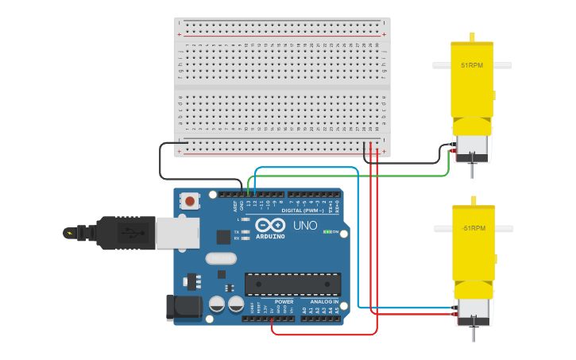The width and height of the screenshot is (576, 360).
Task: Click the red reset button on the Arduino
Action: tap(190, 202)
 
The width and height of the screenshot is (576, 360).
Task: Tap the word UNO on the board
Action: tap(305, 226)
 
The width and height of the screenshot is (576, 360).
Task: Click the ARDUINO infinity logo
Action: tap(270, 225)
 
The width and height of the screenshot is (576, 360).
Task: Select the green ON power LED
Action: tap(327, 232)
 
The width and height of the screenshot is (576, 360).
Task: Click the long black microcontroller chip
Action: tap(292, 284)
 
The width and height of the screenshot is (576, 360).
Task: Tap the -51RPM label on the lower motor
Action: tap(473, 228)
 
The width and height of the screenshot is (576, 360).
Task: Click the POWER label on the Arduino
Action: tap(284, 302)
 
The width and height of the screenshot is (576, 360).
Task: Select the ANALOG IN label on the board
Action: tap(324, 302)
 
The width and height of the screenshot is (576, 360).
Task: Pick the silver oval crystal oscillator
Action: tap(221, 257)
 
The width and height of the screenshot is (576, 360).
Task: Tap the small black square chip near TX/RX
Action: tap(223, 236)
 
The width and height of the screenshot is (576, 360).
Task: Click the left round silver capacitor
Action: tap(216, 304)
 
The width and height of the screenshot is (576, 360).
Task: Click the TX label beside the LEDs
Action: tap(237, 231)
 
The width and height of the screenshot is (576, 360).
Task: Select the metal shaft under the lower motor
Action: tap(473, 332)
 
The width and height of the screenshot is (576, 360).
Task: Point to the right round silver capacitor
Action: tap(236, 304)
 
